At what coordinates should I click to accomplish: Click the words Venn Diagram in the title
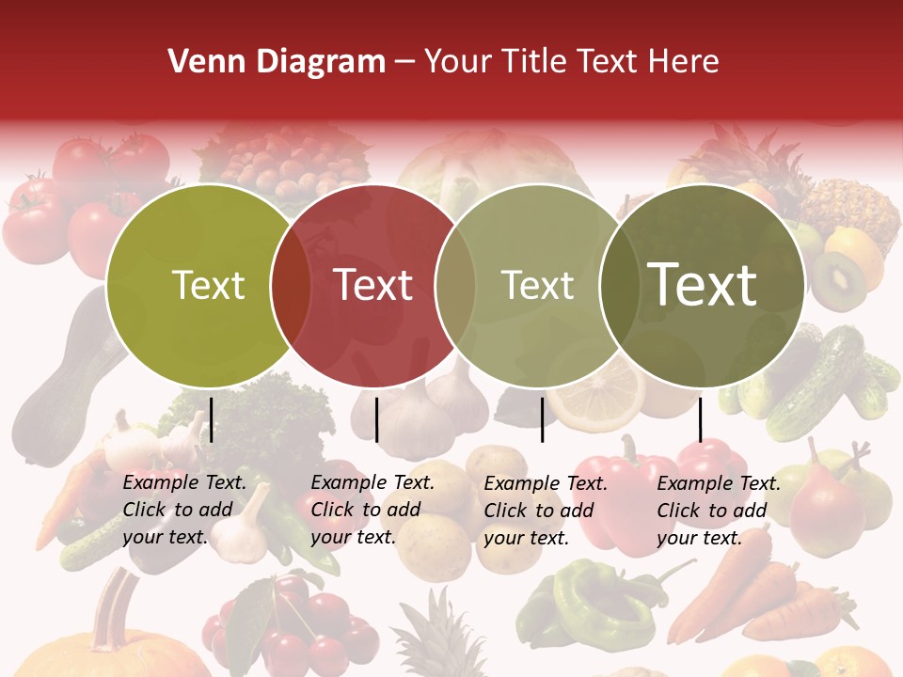pos(277,62)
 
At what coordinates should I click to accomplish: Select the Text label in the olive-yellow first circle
pos(208,285)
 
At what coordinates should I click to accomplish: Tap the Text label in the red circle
pos(373,285)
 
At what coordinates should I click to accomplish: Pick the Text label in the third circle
pos(538,285)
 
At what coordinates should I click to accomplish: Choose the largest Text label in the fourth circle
pos(703,284)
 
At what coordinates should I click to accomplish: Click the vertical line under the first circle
pos(212,419)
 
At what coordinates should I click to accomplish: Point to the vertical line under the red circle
pos(376,419)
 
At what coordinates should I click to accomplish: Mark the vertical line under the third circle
pos(542,419)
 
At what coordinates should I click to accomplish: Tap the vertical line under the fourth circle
pos(701,419)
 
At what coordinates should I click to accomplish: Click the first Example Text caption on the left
pos(184,510)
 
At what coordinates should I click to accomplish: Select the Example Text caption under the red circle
pos(372,510)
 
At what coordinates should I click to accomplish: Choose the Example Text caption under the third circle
pos(546,511)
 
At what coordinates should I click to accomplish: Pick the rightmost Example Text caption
pos(719,511)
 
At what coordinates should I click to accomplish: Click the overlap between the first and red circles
pos(291,285)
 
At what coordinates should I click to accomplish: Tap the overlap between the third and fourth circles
pos(620,285)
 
